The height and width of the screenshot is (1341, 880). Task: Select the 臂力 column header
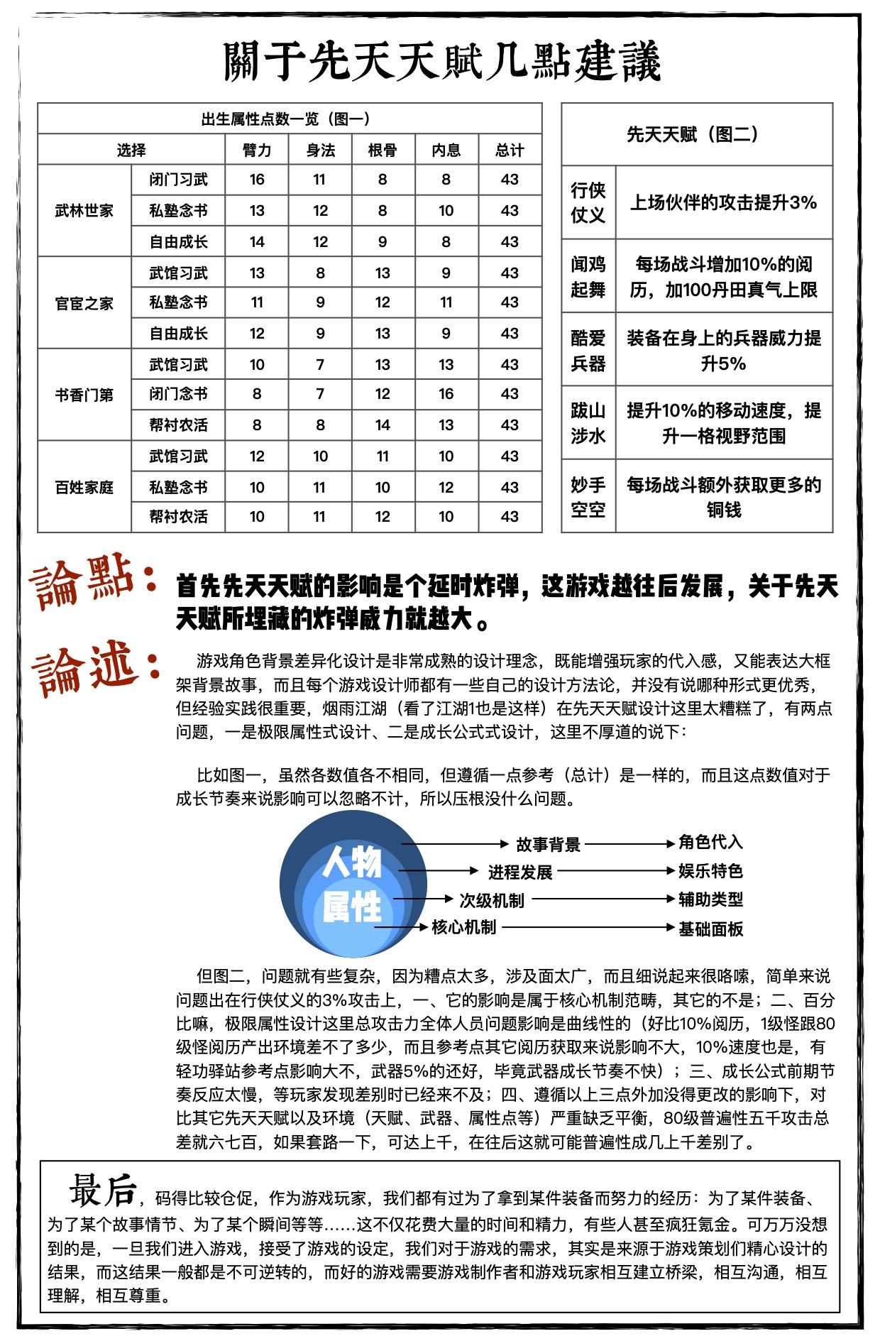tap(257, 150)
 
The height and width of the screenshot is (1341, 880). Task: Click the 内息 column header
tap(446, 150)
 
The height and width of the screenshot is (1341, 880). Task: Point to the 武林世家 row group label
tap(84, 211)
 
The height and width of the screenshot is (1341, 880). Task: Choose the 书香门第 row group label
tap(84, 395)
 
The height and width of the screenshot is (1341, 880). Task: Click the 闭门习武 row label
tap(178, 180)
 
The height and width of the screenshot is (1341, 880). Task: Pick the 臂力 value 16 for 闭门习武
tap(257, 180)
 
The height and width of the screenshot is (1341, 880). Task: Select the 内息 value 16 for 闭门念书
tap(446, 394)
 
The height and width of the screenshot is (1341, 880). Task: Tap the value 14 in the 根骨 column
tap(383, 425)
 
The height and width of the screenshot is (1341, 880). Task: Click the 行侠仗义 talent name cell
tap(588, 202)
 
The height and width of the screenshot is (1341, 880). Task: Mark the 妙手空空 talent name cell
tap(588, 497)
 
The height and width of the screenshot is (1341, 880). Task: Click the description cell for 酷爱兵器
tap(723, 350)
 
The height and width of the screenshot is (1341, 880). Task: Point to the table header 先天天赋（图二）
tap(696, 134)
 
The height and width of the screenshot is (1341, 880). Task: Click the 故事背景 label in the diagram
tap(548, 844)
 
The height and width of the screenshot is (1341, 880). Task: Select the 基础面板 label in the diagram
tap(710, 929)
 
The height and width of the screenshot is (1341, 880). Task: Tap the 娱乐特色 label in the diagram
tap(710, 871)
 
